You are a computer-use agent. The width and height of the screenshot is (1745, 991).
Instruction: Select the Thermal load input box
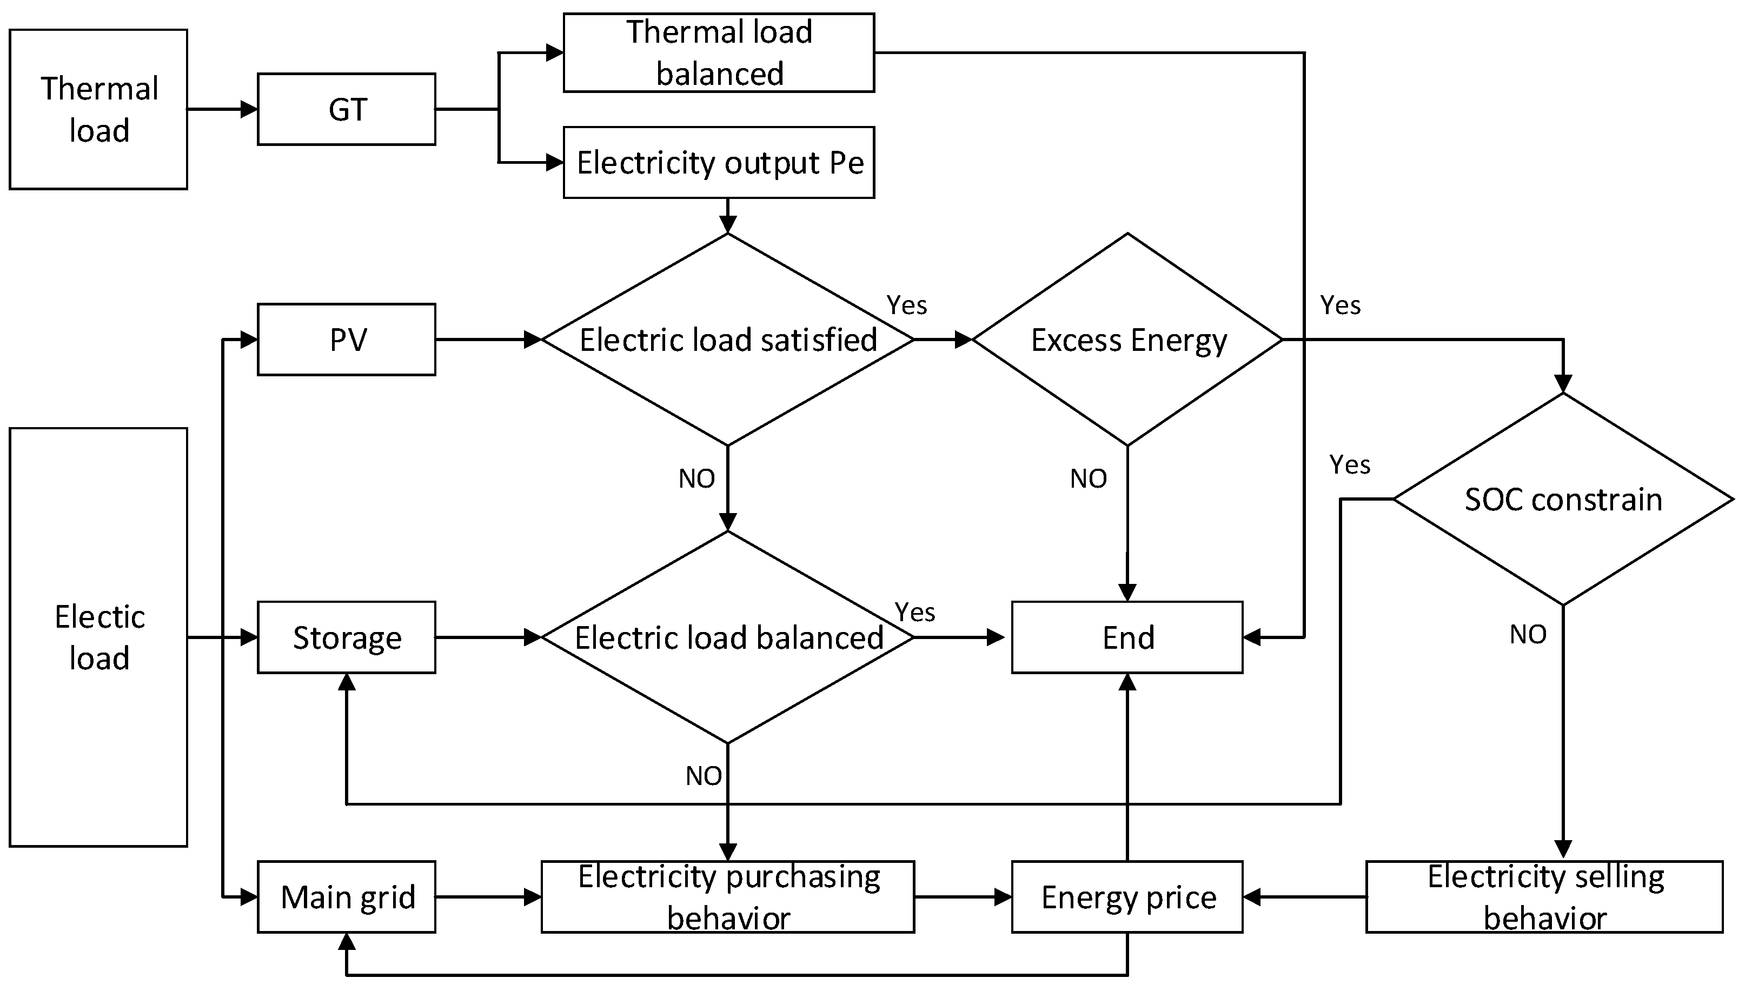(x=98, y=109)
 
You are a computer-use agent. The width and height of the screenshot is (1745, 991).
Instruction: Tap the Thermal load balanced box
(x=719, y=52)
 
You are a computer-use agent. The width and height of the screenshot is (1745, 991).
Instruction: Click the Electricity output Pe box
(x=719, y=162)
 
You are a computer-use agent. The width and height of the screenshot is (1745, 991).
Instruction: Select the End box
(x=1127, y=637)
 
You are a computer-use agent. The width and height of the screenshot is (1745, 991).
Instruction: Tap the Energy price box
(x=1127, y=896)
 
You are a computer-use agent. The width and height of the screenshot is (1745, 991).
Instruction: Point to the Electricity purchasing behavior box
(x=727, y=896)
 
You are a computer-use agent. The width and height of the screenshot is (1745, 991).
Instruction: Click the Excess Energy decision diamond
(x=1127, y=339)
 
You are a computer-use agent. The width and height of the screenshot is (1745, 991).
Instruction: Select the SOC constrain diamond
(x=1563, y=499)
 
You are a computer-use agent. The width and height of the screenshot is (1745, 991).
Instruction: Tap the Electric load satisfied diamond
(x=727, y=339)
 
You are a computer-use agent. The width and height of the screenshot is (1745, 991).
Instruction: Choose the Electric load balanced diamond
(x=727, y=637)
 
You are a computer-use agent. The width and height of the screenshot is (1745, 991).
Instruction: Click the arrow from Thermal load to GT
(x=222, y=109)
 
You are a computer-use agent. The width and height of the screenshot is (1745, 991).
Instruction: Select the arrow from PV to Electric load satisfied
(x=487, y=339)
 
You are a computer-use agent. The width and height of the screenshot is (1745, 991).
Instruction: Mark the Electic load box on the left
(x=98, y=637)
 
